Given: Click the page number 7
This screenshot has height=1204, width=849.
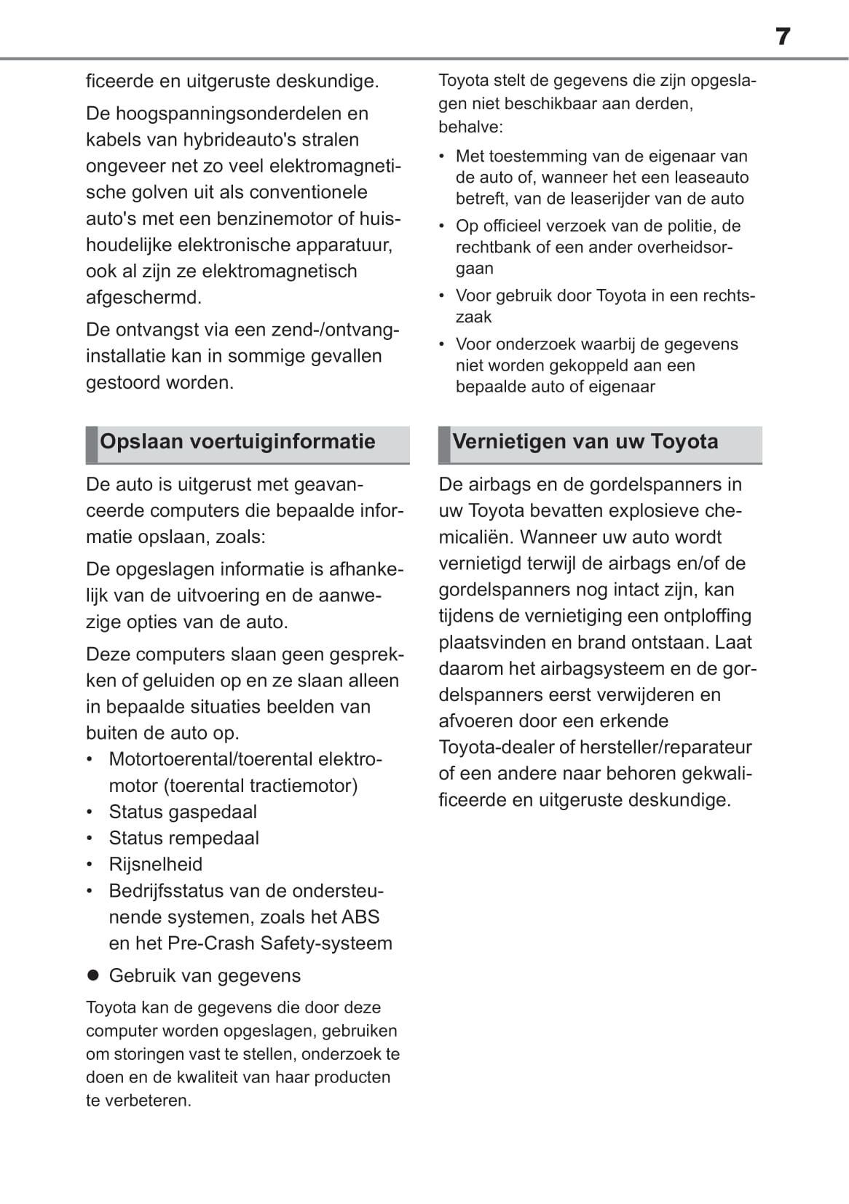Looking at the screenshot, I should [783, 36].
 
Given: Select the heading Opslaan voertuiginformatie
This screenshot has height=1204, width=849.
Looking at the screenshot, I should [237, 442].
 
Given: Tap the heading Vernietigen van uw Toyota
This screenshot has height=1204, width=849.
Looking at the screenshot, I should [585, 442].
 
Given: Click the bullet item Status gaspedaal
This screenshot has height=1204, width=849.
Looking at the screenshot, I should [182, 812].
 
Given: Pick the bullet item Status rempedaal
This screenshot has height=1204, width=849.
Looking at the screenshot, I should [183, 838].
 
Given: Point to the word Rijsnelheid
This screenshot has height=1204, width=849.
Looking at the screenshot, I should [156, 864].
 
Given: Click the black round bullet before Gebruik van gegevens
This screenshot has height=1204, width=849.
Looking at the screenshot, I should [92, 975].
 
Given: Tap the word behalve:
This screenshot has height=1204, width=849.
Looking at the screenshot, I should [470, 127].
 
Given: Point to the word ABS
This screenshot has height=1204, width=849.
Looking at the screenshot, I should [360, 917].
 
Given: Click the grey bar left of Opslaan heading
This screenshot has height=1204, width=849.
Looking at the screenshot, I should [92, 445].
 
